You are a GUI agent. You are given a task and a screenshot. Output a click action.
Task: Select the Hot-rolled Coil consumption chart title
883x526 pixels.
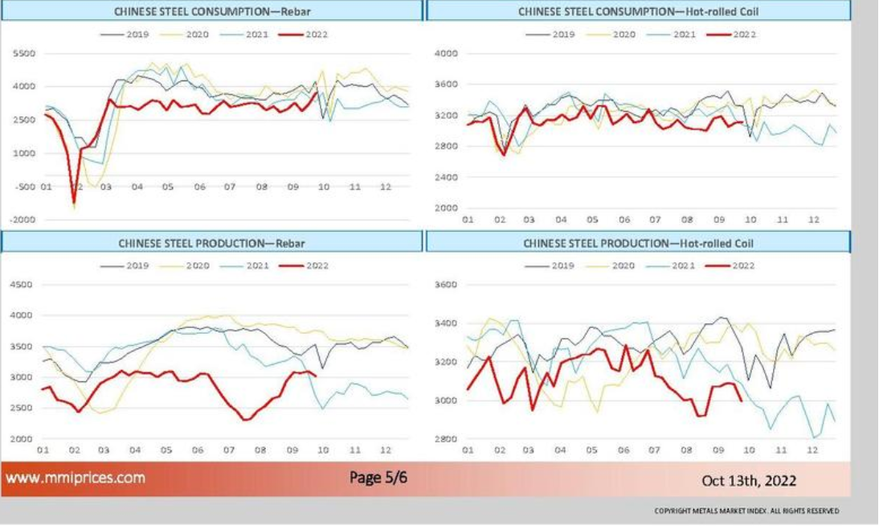coord(638,11)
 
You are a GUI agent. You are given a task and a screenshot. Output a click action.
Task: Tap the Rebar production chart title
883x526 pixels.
coord(212,242)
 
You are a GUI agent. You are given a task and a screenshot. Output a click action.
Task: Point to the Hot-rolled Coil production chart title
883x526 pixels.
coord(638,242)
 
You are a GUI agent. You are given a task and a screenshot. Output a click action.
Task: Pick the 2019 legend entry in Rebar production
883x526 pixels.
coord(126,265)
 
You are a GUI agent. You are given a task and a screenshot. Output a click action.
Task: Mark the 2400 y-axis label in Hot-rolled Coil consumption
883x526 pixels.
coord(446,178)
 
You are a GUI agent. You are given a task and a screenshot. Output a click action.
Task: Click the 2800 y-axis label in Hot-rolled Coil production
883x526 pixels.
coord(446,439)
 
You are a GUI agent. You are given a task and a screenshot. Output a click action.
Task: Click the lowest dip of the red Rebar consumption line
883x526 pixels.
coord(75,202)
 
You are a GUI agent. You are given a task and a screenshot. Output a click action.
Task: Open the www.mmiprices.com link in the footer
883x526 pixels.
coord(76,478)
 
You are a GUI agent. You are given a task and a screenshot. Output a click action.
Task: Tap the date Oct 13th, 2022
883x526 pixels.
coord(749,481)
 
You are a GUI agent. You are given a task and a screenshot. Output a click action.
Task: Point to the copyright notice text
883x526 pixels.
coord(746,511)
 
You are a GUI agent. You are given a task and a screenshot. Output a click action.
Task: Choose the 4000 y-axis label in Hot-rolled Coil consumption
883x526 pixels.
coord(446,54)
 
